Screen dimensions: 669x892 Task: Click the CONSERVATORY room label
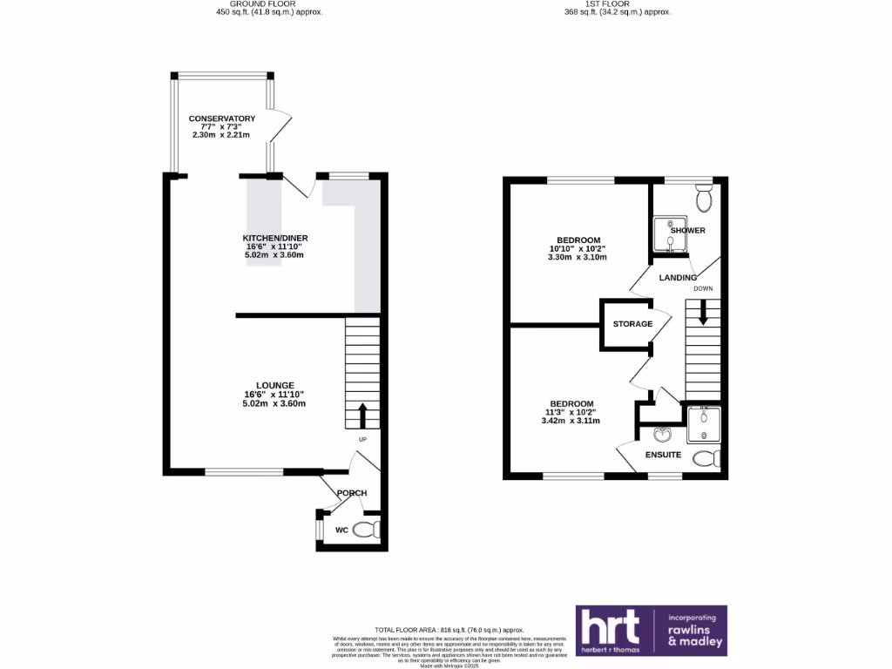coord(222,118)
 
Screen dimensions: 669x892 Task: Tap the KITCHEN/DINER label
coord(275,238)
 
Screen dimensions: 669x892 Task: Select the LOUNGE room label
coord(275,385)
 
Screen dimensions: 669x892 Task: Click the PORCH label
coord(352,493)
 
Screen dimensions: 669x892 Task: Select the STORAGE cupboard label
coord(632,324)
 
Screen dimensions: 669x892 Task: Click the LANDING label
coord(677,278)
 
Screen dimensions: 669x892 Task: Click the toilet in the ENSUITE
coord(706,458)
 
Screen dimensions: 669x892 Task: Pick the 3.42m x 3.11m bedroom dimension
coord(571,421)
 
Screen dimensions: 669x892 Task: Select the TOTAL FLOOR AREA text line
coord(449,629)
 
